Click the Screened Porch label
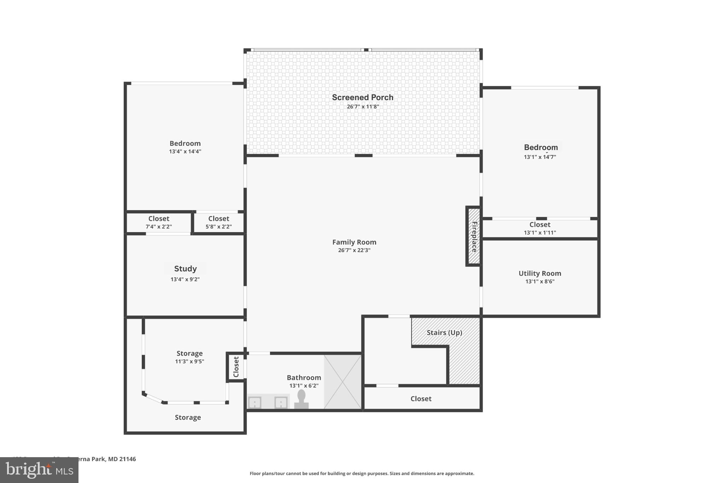362,97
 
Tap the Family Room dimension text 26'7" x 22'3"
354,250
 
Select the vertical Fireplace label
474,236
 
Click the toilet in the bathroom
301,400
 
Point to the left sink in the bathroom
255,402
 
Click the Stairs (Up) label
444,333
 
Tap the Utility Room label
539,273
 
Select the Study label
185,269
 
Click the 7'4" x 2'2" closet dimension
159,226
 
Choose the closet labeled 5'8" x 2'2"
218,222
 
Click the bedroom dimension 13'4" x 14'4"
185,151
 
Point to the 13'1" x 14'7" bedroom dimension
540,157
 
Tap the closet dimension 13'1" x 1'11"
540,232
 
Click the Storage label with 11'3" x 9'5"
189,353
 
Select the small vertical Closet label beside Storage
236,367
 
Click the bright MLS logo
39,470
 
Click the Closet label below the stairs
421,399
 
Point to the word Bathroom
304,378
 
